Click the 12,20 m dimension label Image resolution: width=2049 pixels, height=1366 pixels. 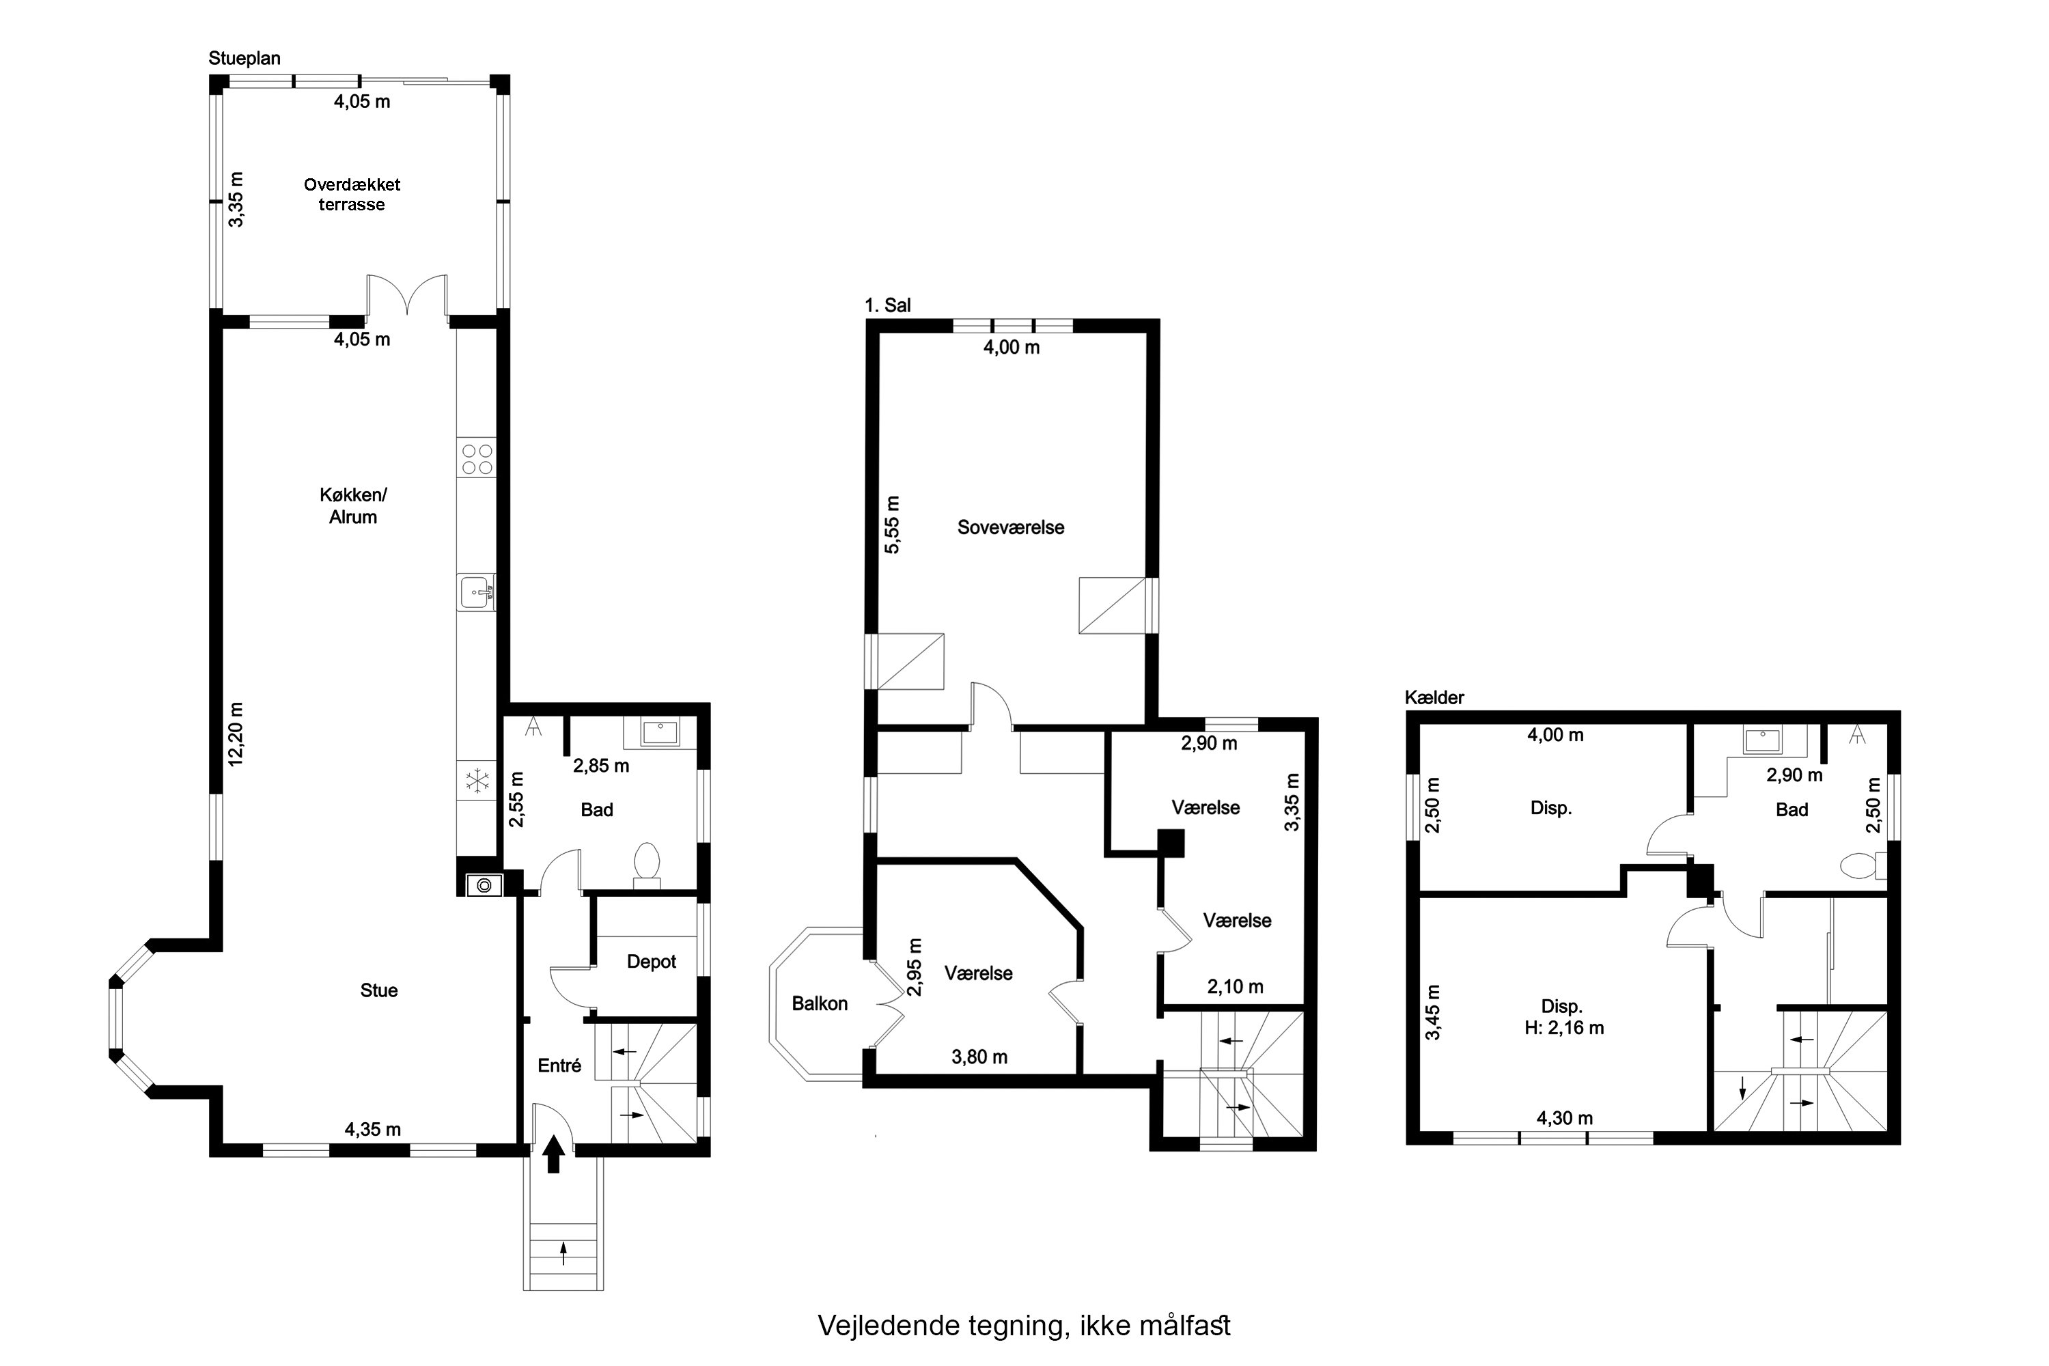[236, 734]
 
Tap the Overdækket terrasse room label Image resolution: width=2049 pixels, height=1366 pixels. [352, 194]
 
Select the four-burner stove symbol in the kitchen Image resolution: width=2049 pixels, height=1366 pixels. [477, 459]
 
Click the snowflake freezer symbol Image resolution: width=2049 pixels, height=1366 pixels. [477, 781]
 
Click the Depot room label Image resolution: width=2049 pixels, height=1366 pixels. [652, 961]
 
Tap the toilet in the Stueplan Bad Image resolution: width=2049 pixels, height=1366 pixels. [646, 863]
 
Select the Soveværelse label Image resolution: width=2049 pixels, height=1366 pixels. [1011, 527]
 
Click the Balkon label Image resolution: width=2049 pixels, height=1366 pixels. [819, 1003]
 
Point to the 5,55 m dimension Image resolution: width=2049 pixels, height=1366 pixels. [892, 525]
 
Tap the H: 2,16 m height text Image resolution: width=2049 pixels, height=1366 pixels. [1564, 1027]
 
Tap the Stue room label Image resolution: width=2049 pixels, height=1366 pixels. [379, 990]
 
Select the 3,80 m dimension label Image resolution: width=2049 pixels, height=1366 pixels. [979, 1057]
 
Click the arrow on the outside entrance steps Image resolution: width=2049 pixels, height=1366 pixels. [563, 1253]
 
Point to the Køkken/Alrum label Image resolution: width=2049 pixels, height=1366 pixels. [353, 505]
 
